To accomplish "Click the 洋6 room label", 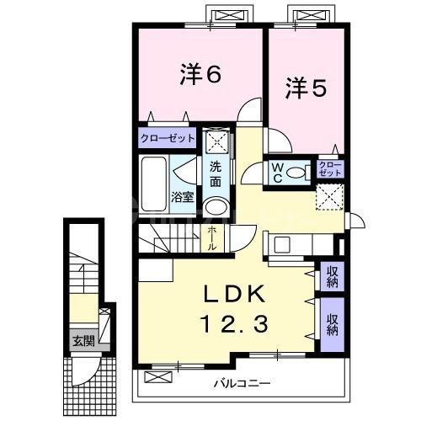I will coord(200,75).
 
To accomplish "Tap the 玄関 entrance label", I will coord(83,341).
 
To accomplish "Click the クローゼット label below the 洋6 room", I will coord(167,137).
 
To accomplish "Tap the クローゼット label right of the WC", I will coord(331,168).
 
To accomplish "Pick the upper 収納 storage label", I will coord(332,276).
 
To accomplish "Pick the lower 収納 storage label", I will coord(332,323).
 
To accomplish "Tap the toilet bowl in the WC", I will coord(296,173).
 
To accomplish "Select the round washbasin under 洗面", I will coord(216,208).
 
